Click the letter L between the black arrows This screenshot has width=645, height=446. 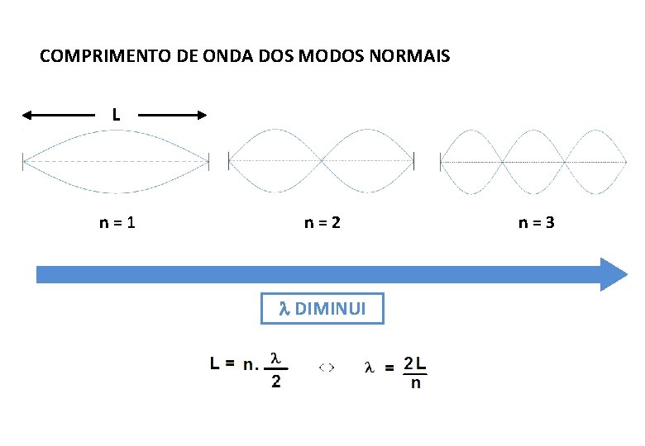pos(116,116)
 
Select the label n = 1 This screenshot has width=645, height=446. pos(117,222)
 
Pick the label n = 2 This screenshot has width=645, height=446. pos(322,222)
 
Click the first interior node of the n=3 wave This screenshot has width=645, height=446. pos(503,162)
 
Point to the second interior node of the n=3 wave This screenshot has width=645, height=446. pos(564,162)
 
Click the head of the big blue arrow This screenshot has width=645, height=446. pos(614,274)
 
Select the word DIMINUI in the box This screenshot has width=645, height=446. pos(327,310)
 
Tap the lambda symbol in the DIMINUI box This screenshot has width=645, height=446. pos(282,310)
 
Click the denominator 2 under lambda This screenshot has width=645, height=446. pos(276,382)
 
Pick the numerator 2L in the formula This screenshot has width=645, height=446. pos(415,364)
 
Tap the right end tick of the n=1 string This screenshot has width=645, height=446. pos(209,161)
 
